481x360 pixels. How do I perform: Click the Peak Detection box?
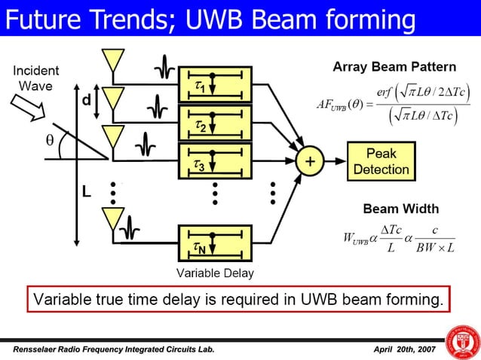coord(381,161)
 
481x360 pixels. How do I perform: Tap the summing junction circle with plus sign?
coord(308,161)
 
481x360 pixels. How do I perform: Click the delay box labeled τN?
coord(214,243)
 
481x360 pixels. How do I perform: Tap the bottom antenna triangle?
coord(112,218)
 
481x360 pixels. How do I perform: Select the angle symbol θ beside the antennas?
coord(50,139)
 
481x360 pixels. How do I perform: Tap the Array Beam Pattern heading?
coord(394,67)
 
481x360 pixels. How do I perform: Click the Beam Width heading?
coord(400,208)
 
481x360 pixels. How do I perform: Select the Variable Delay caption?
coord(215,273)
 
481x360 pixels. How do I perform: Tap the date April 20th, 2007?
coord(404,350)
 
